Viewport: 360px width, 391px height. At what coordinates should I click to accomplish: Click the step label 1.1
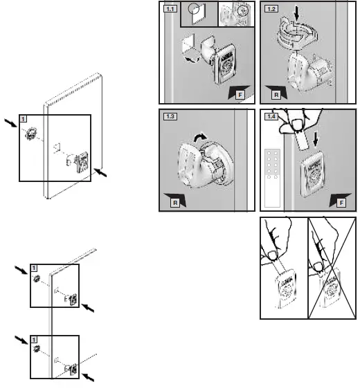click(x=169, y=9)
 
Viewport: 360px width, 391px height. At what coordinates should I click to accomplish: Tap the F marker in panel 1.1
click(x=237, y=94)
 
